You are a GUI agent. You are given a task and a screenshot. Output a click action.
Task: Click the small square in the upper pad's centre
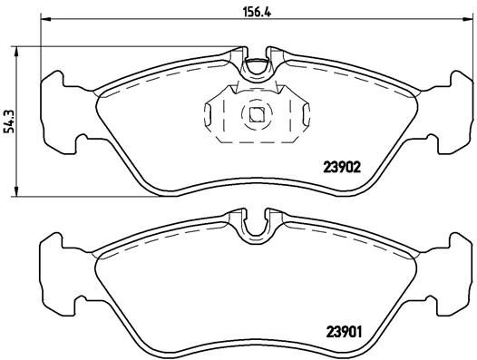tap(257, 114)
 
